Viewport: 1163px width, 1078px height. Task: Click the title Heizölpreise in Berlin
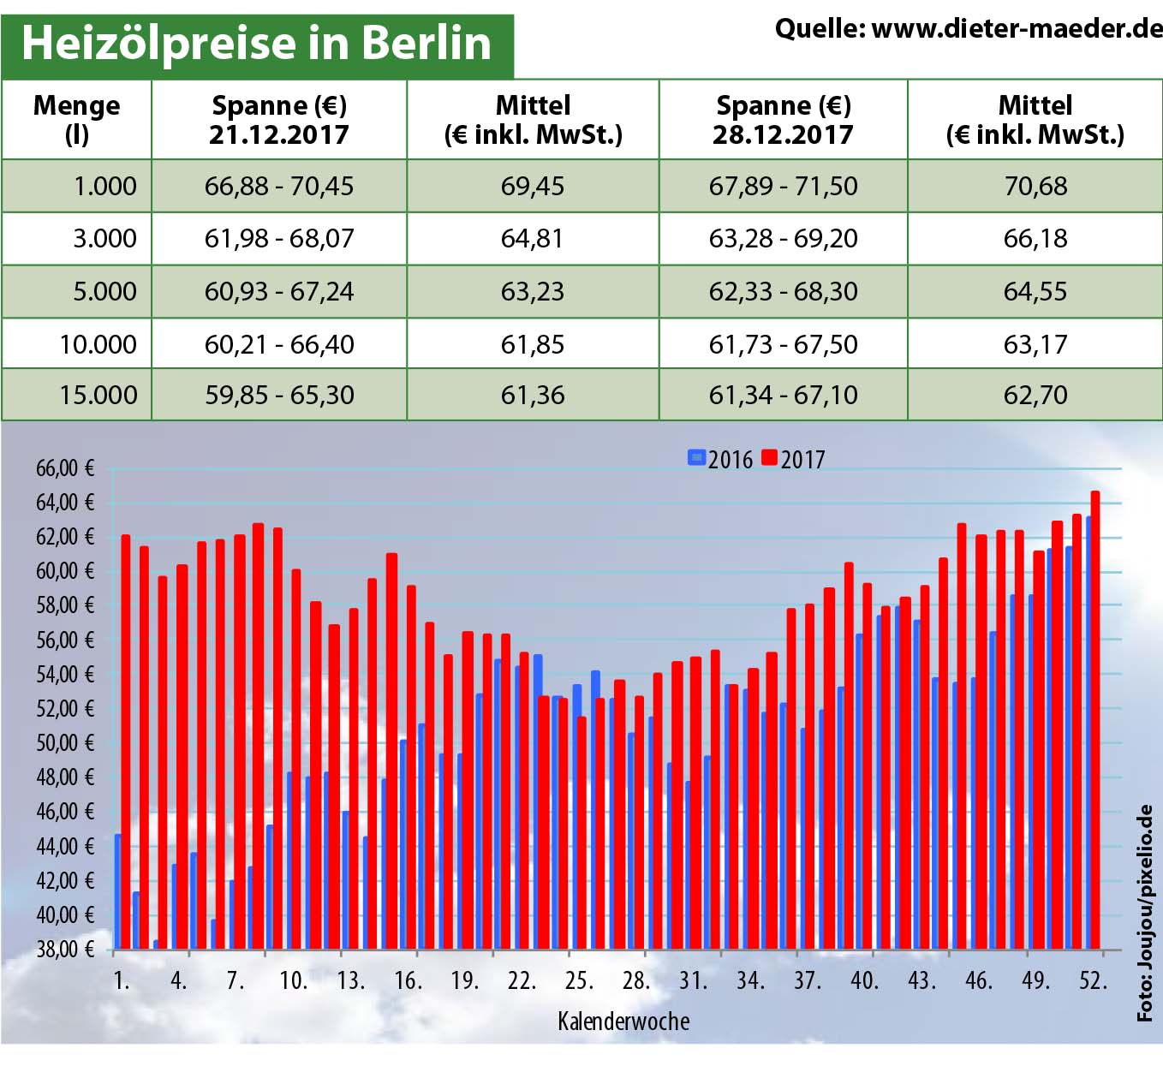pyautogui.click(x=256, y=44)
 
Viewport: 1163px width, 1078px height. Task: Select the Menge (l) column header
pyautogui.click(x=76, y=119)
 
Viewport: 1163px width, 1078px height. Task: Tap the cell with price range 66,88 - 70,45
pyautogui.click(x=278, y=186)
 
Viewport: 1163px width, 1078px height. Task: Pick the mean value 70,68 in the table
pyautogui.click(x=1035, y=186)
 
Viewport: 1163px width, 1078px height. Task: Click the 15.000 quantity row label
pyautogui.click(x=98, y=395)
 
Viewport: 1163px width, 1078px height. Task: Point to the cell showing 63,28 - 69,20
pyautogui.click(x=783, y=238)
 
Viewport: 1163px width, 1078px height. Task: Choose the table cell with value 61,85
pyautogui.click(x=532, y=344)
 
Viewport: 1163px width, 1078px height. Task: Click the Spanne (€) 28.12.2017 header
pyautogui.click(x=783, y=119)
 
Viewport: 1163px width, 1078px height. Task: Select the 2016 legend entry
pyautogui.click(x=720, y=460)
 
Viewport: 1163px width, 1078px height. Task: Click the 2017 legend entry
pyautogui.click(x=793, y=460)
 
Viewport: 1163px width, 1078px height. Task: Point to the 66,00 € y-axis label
pyautogui.click(x=64, y=468)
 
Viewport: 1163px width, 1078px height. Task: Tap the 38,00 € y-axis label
pyautogui.click(x=64, y=949)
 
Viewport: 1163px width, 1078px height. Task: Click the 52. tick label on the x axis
pyautogui.click(x=1093, y=980)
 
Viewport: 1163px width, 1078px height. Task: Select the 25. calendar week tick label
pyautogui.click(x=579, y=980)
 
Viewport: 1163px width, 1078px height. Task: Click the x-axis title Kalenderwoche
pyautogui.click(x=623, y=1021)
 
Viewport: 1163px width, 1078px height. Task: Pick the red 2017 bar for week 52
pyautogui.click(x=1094, y=719)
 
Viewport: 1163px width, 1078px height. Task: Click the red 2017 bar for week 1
pyautogui.click(x=126, y=741)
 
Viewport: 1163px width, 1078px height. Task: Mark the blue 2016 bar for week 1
pyautogui.click(x=117, y=890)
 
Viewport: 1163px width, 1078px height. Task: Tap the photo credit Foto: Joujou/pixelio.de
pyautogui.click(x=1145, y=913)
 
